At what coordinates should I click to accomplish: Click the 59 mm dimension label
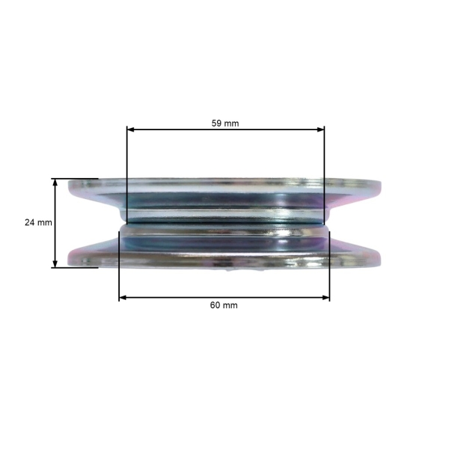(x=225, y=123)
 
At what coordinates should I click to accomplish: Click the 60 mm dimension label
(x=224, y=305)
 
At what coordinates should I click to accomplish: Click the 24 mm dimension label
(x=38, y=222)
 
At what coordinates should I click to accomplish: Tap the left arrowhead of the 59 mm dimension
(x=130, y=129)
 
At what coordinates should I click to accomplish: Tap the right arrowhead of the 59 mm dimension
(x=320, y=129)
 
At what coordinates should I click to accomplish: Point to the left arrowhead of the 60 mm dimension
(x=123, y=298)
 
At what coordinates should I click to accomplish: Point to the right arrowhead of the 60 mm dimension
(x=326, y=298)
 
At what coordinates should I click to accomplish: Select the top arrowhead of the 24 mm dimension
(x=55, y=183)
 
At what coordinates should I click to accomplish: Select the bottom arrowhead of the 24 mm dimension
(x=55, y=263)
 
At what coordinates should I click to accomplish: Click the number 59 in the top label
(x=216, y=123)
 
